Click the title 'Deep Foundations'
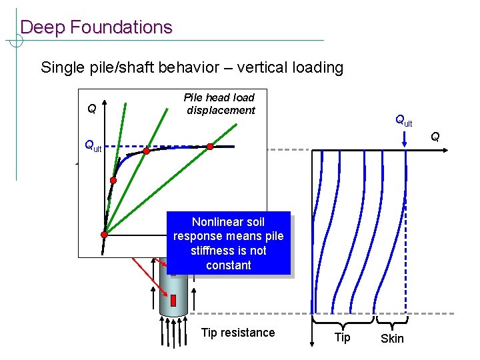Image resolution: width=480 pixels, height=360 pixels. [x=96, y=27]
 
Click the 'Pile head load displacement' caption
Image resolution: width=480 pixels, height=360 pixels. [x=219, y=104]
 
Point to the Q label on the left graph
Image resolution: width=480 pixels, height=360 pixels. [x=91, y=108]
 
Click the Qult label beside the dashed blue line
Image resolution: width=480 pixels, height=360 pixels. [x=92, y=146]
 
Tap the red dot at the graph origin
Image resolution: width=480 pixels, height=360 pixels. [x=105, y=234]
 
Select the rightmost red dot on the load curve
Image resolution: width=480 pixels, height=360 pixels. [x=209, y=146]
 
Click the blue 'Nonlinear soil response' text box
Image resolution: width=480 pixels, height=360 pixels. [x=228, y=243]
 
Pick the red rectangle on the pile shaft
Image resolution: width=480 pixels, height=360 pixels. [x=175, y=299]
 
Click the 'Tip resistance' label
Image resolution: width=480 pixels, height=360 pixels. [x=237, y=333]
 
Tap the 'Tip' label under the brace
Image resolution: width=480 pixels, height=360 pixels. [x=342, y=337]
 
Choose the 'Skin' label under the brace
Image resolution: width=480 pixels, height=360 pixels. [x=392, y=339]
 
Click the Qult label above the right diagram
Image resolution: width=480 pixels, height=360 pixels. [x=404, y=121]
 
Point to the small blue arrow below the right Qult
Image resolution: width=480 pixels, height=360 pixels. [x=405, y=139]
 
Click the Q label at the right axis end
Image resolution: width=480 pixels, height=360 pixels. [x=435, y=137]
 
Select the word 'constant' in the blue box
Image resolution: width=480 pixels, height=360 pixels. [x=228, y=265]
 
